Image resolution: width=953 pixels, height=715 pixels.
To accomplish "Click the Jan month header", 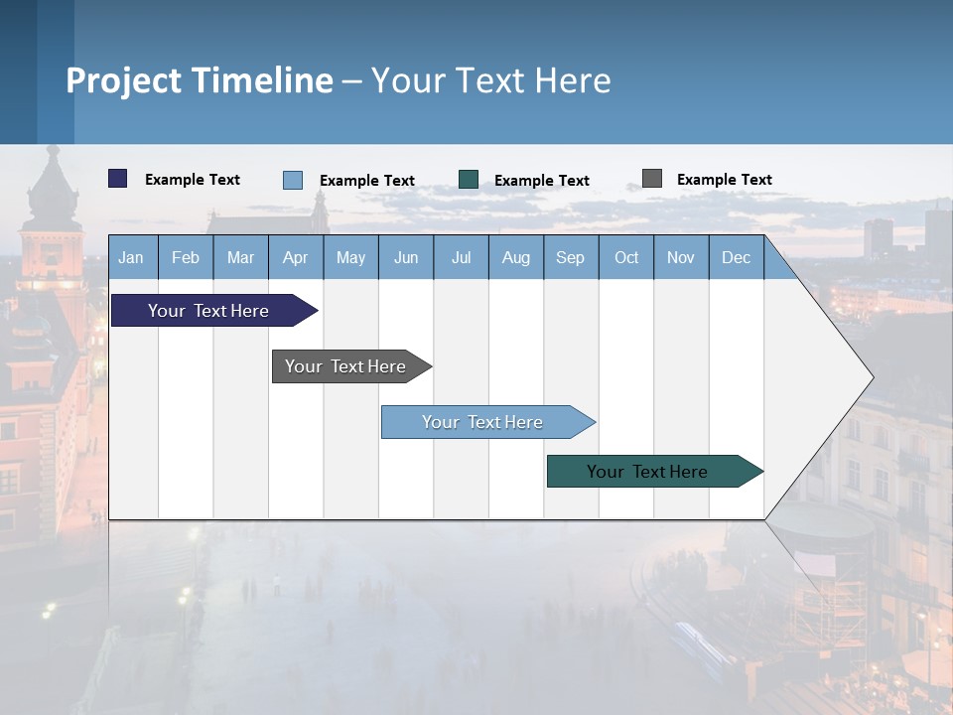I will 132,257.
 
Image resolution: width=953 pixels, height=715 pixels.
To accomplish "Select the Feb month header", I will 186,257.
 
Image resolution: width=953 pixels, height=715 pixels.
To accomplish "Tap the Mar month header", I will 240,257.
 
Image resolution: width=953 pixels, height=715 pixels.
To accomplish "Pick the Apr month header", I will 296,257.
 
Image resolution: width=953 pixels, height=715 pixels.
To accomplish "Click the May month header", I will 350,257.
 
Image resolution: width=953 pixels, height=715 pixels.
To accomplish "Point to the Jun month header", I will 406,257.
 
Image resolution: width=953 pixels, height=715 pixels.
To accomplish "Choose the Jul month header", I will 461,257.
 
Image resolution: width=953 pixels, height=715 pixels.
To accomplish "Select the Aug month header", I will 516,257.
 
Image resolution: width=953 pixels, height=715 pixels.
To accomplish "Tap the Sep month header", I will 571,257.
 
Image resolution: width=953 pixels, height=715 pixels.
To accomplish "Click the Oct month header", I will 626,257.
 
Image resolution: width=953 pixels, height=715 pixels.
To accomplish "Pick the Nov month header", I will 681,257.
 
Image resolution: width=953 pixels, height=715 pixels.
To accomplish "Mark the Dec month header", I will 737,257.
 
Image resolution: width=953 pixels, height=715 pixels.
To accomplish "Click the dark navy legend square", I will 118,179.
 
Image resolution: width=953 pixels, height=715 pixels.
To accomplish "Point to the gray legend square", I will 652,179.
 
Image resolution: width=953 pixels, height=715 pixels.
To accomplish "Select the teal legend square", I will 469,179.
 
